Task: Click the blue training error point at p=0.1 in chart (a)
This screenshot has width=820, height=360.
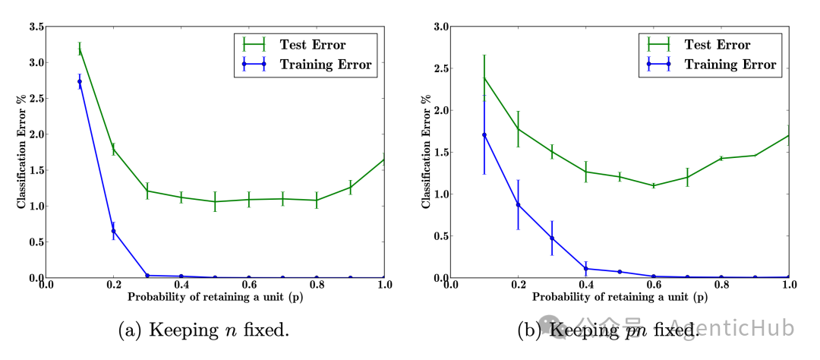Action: pos(80,81)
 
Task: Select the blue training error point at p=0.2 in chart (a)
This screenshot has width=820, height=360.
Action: pos(113,231)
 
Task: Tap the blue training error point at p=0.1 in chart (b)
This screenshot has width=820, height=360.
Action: pos(484,135)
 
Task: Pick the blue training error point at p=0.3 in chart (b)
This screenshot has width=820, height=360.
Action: pos(552,238)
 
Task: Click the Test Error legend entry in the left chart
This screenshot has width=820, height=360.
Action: pos(300,44)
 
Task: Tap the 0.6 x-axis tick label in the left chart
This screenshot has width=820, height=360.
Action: pos(248,285)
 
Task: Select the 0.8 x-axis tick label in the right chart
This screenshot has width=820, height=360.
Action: pos(721,285)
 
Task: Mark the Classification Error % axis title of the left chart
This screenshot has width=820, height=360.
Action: pos(21,152)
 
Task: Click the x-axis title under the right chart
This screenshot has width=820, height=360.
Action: pos(620,297)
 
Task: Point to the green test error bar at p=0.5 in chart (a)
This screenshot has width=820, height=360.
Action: pos(215,201)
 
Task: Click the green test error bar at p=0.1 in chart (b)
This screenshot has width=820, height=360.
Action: pos(484,78)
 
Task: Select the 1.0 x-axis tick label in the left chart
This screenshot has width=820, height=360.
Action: pos(384,285)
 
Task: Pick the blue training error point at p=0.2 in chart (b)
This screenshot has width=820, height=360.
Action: pos(519,204)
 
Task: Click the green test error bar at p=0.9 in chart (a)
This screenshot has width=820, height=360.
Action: pos(350,187)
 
